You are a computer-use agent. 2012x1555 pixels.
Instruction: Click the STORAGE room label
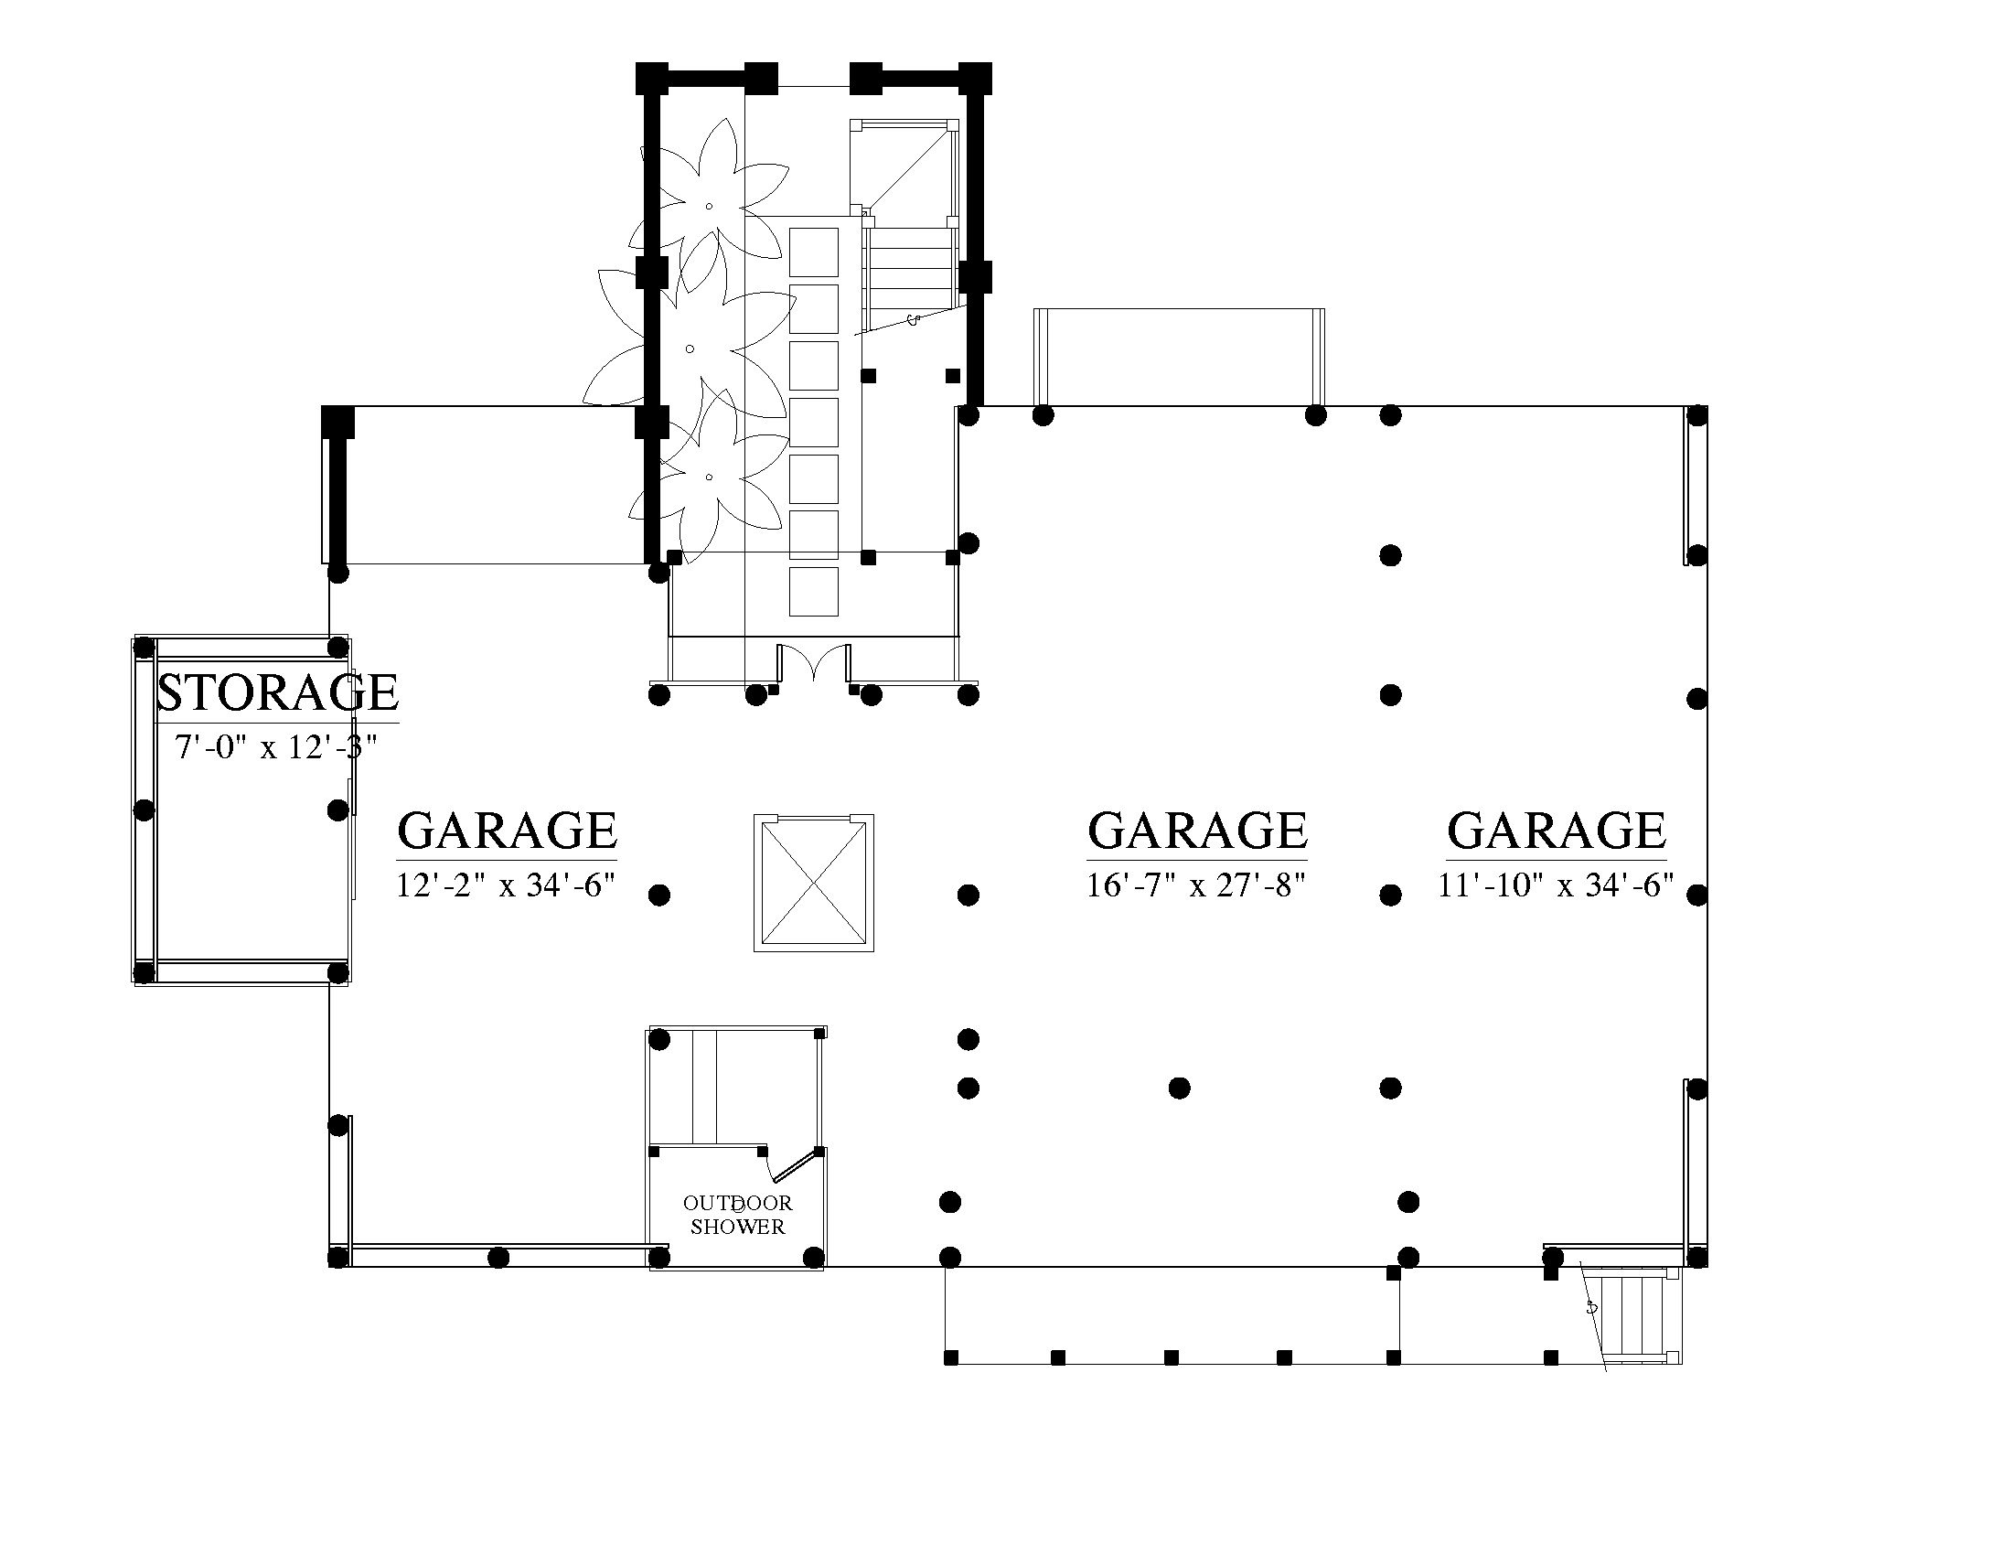tap(277, 692)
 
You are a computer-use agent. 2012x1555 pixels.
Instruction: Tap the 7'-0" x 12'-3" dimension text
tap(276, 747)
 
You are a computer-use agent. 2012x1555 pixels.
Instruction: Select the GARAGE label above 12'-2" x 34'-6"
tap(507, 831)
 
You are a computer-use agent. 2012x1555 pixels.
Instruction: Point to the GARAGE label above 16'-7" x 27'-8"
tap(1198, 831)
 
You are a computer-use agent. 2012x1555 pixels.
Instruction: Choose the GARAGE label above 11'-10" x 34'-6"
tap(1557, 831)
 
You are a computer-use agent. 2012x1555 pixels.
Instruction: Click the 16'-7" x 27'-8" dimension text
tap(1197, 885)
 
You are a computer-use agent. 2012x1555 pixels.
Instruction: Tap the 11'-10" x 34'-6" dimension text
tap(1556, 885)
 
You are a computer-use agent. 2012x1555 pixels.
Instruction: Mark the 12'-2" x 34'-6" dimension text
tap(506, 885)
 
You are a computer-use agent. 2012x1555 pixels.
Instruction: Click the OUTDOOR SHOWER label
tap(738, 1215)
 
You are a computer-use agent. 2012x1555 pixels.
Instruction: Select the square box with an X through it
tap(813, 884)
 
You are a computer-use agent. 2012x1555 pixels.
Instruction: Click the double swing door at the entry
tap(813, 663)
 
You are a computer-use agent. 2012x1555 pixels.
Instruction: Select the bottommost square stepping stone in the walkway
tap(814, 592)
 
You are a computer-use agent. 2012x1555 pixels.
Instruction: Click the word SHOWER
tap(738, 1227)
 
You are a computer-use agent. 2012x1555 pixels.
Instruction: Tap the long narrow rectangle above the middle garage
tap(1179, 358)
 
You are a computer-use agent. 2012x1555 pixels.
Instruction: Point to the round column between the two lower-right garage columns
tap(1179, 1088)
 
